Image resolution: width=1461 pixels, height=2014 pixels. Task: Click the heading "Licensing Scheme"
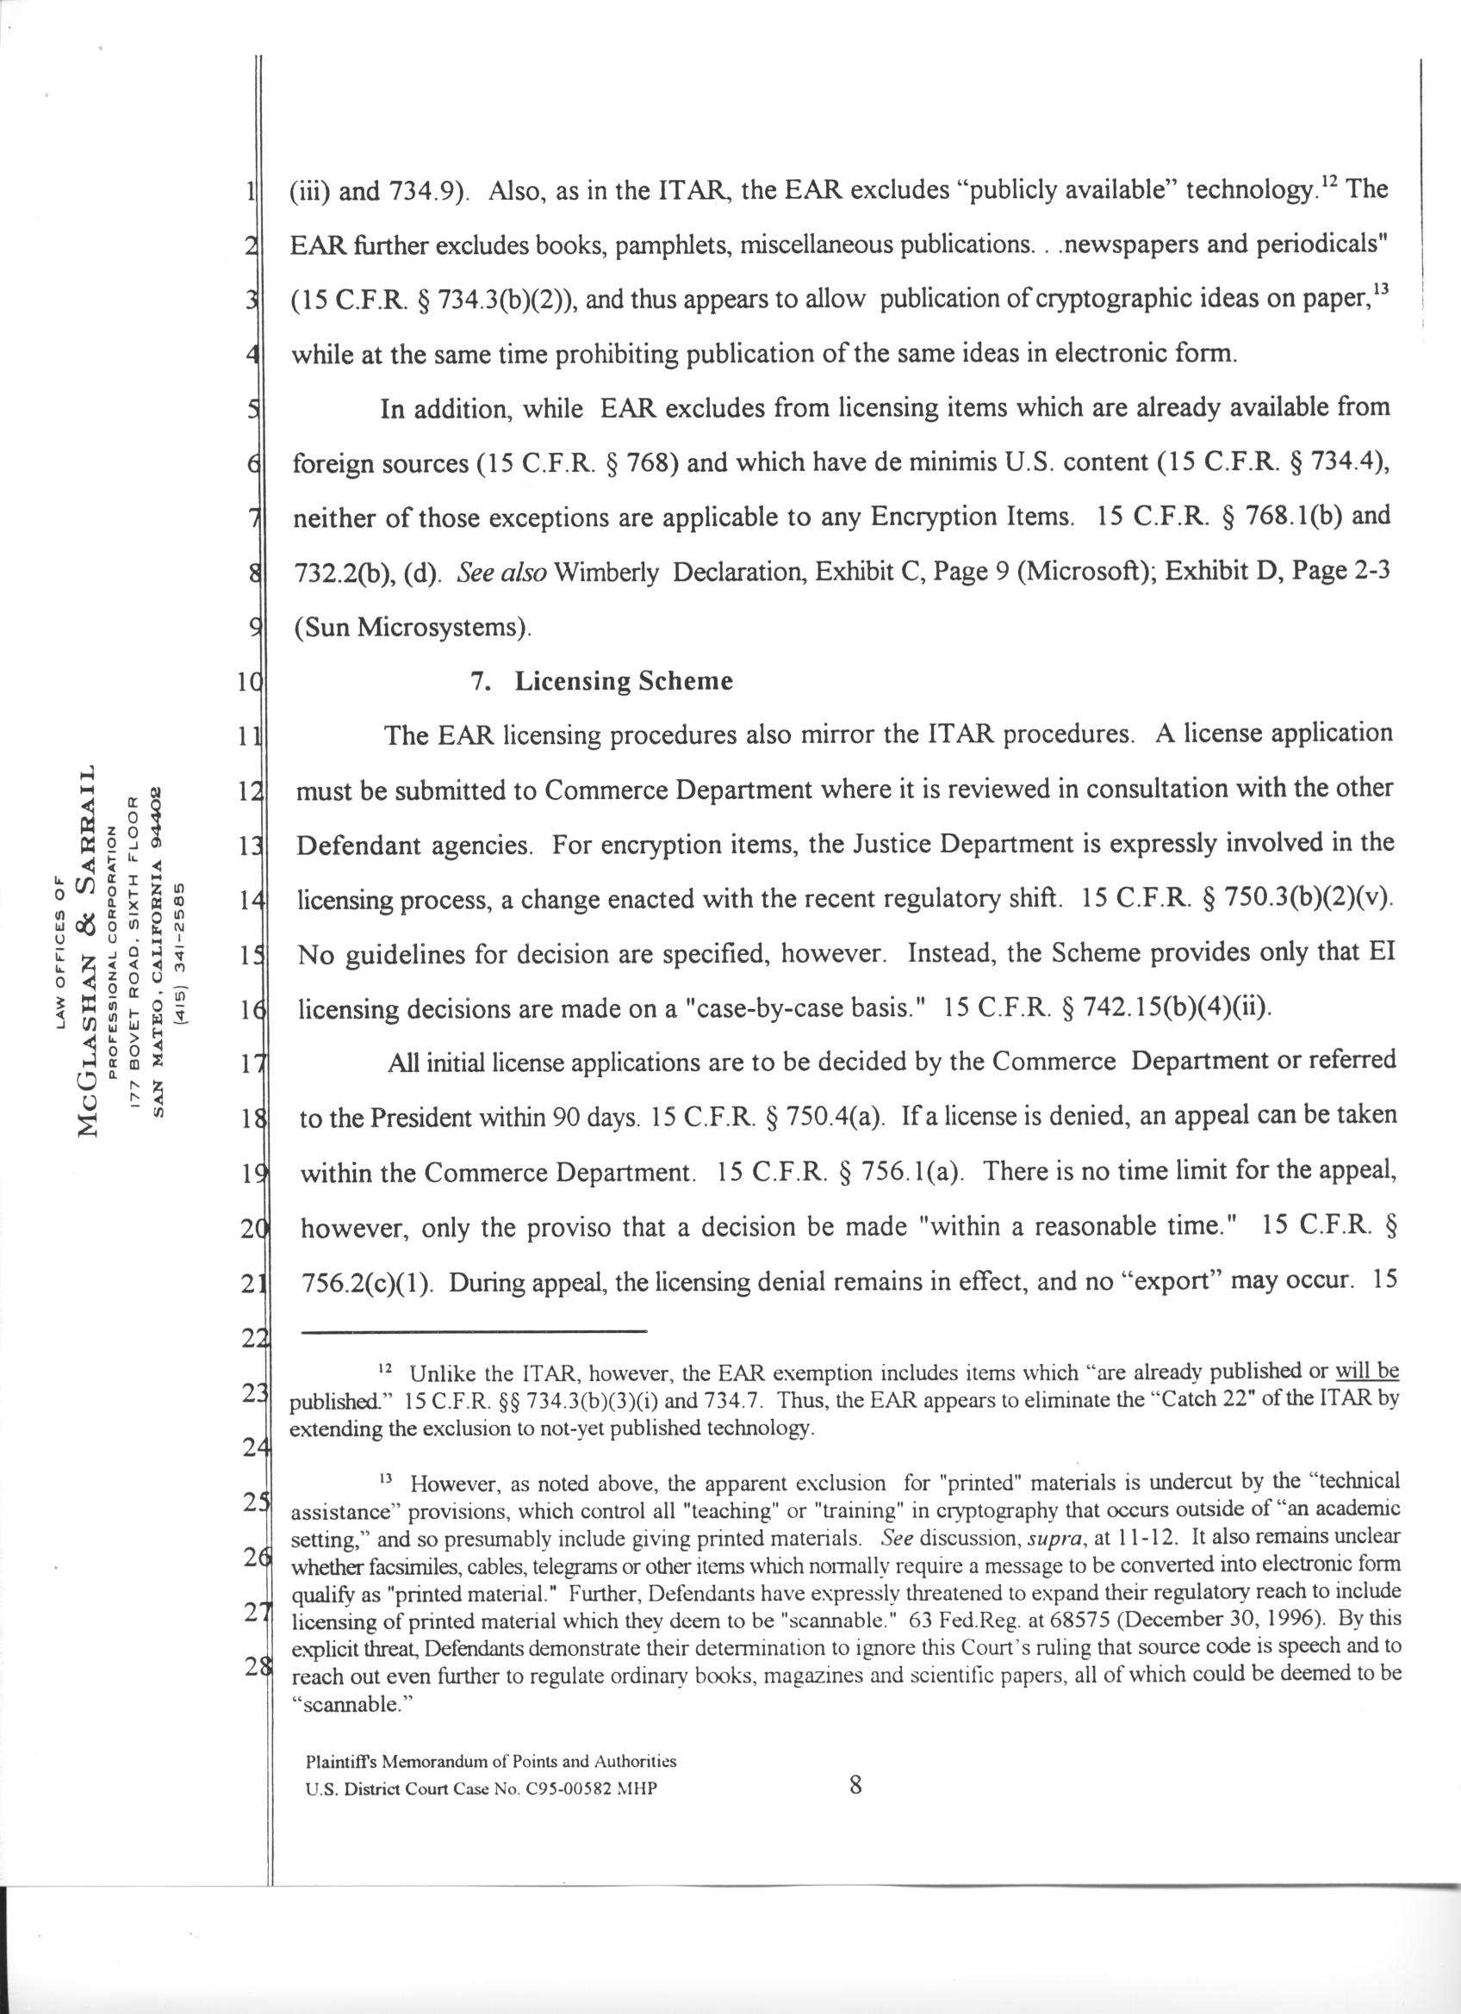coord(624,682)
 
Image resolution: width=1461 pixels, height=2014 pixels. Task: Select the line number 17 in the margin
coord(250,1063)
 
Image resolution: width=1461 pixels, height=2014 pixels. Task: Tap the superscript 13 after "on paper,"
coord(1377,290)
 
